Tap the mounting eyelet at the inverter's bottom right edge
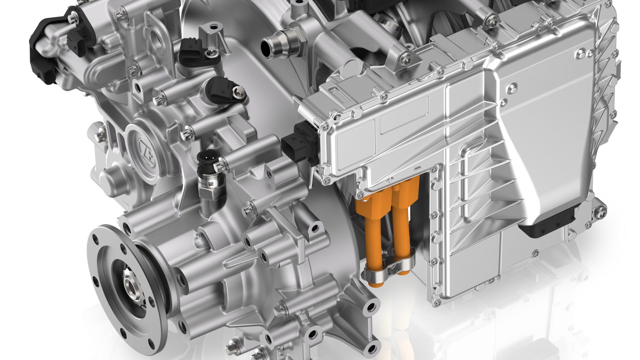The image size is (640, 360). coord(600,210)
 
